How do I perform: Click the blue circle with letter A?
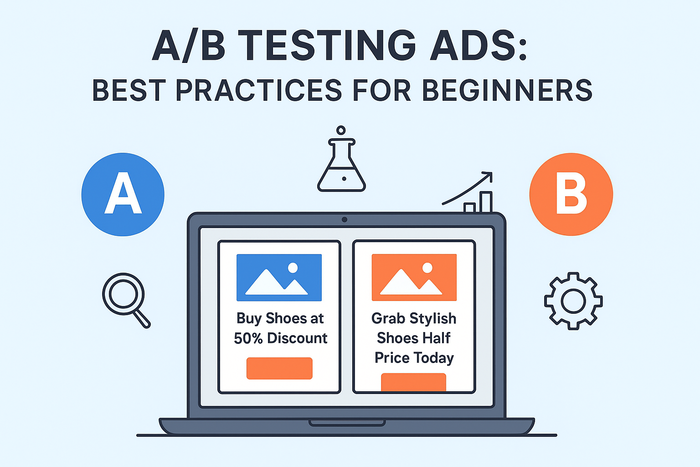coord(123,194)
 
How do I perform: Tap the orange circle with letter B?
coord(571,194)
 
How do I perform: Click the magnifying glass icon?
coord(126,300)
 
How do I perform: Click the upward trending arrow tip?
coord(492,172)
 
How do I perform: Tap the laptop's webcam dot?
coord(345,219)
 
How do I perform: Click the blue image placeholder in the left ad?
coord(279,277)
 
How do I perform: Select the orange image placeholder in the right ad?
coord(414,277)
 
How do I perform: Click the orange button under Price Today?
coord(413,382)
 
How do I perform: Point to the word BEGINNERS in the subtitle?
coord(507,90)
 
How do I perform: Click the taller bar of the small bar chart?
coord(486,202)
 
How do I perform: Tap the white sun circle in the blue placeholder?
coord(293,268)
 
